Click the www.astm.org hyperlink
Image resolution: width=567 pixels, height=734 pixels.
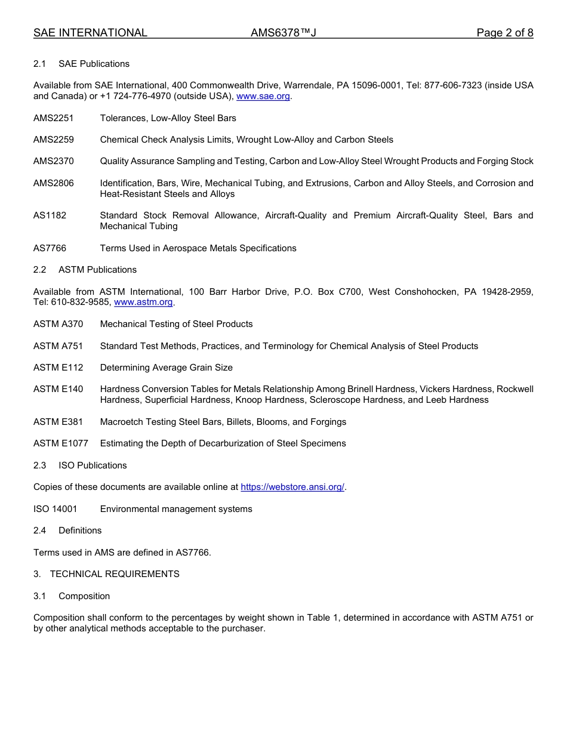(x=143, y=302)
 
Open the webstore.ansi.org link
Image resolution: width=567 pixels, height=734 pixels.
(x=292, y=487)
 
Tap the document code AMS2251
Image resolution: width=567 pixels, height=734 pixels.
(x=54, y=118)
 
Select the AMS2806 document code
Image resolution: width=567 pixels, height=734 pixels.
(x=54, y=183)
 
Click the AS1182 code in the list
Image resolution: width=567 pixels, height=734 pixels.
(x=50, y=215)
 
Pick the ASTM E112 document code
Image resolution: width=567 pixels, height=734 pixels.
(x=58, y=368)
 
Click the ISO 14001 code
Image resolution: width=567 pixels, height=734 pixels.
(x=55, y=509)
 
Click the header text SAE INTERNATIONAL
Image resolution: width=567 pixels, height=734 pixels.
(x=90, y=33)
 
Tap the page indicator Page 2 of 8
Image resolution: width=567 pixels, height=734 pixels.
(x=505, y=33)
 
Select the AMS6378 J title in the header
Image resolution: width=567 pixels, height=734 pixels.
(x=283, y=33)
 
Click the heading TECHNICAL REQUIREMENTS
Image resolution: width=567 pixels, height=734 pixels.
(x=115, y=574)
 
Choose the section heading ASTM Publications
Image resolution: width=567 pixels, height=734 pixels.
(x=97, y=270)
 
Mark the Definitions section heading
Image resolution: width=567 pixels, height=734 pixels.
(x=80, y=531)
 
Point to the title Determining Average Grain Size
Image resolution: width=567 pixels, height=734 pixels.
(x=166, y=368)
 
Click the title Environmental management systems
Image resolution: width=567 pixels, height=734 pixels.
(x=176, y=509)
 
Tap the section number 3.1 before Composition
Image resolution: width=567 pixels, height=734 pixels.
(x=40, y=596)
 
